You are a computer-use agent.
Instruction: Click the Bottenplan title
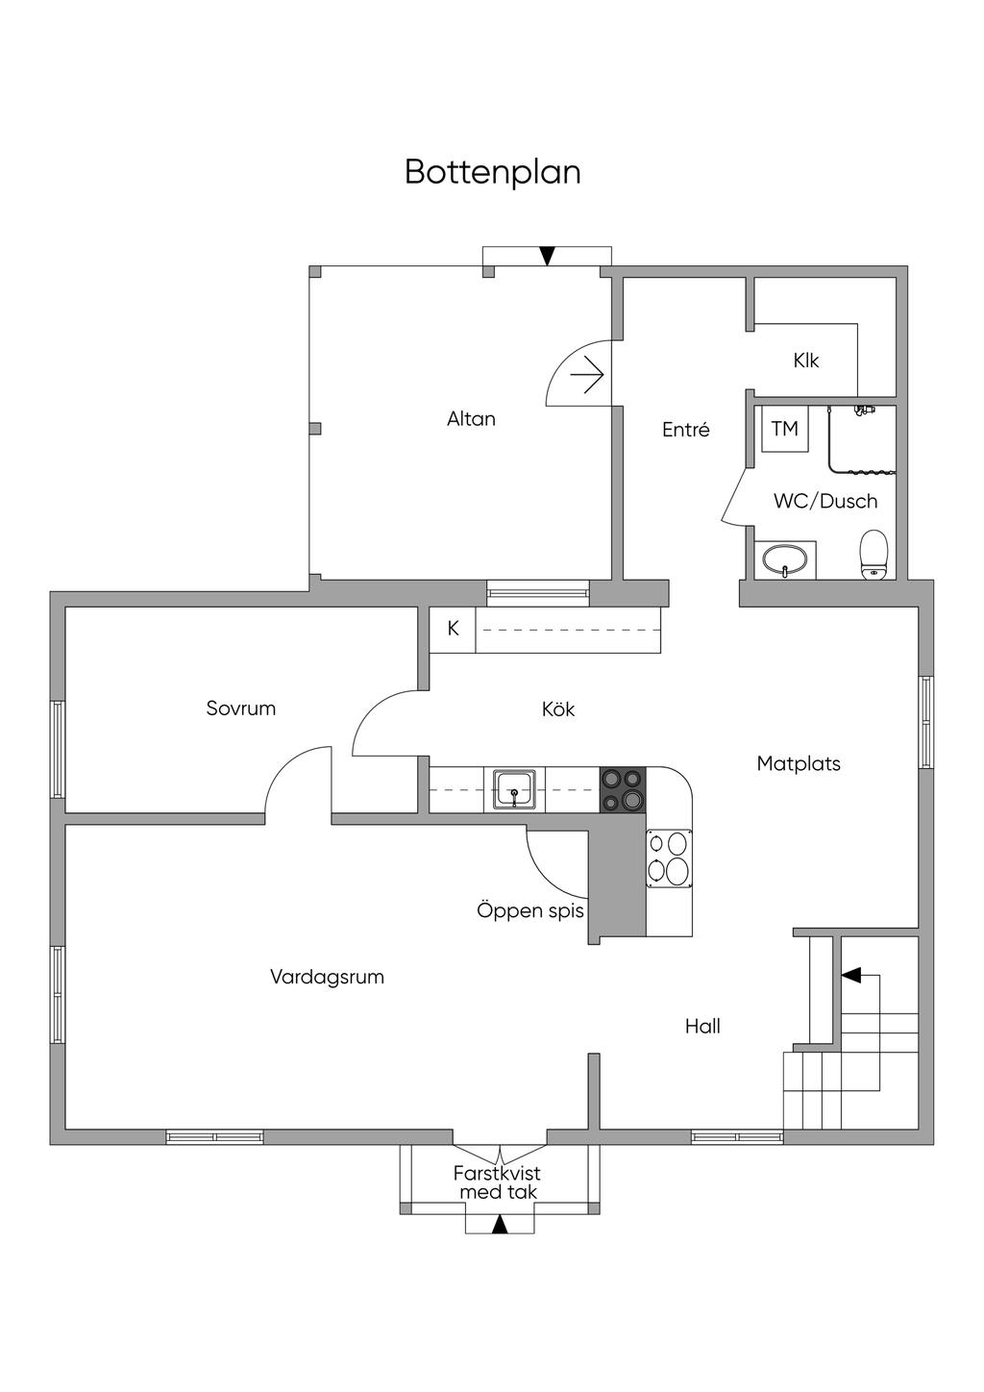point(492,172)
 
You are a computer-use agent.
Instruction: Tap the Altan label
point(471,419)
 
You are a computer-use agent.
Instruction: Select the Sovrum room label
point(240,708)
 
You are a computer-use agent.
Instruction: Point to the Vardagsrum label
point(327,977)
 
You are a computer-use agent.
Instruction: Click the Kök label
point(558,709)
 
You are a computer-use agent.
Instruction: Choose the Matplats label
point(799,764)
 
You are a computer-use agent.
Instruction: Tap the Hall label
point(702,1027)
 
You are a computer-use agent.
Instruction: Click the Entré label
point(686,431)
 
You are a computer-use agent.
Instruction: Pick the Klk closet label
point(806,361)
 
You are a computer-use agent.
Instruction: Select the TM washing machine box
point(785,429)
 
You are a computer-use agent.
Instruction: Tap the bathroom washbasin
point(787,559)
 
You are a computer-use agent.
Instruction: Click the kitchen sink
point(515,789)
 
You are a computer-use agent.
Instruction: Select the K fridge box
point(454,629)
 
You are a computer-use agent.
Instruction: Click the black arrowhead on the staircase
point(849,975)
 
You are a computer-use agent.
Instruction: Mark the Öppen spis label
point(530,910)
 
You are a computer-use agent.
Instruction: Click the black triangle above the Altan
point(547,256)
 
